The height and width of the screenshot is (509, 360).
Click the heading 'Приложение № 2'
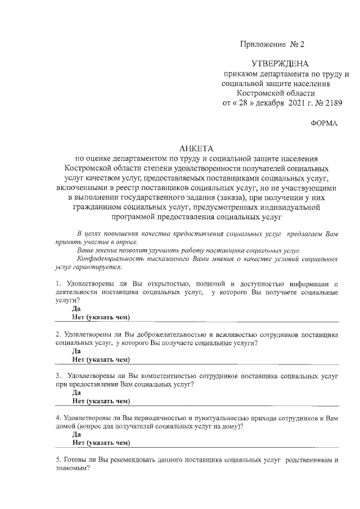tap(272, 43)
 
